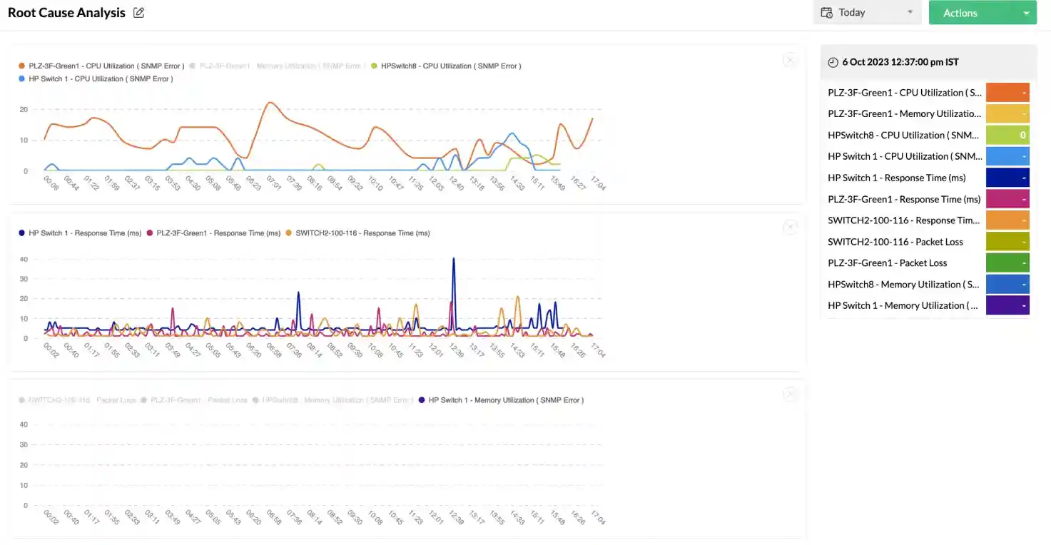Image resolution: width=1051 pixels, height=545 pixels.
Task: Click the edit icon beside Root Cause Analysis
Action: [139, 13]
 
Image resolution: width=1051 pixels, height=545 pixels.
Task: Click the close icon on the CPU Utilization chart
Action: [790, 61]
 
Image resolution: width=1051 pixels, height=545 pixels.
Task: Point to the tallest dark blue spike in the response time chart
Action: [454, 260]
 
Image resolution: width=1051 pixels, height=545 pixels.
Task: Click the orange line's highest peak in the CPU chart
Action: [270, 103]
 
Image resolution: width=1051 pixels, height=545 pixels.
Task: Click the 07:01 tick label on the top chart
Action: [273, 183]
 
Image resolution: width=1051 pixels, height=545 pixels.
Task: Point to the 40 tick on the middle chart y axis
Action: [24, 259]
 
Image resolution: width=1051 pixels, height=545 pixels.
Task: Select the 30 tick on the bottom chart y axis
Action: [24, 444]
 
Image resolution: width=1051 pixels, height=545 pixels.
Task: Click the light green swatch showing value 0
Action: [1007, 135]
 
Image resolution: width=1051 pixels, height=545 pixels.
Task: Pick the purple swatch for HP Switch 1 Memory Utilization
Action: [1007, 305]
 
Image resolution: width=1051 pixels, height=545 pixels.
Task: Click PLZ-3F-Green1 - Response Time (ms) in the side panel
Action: [904, 199]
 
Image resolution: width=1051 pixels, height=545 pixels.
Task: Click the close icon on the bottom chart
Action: [790, 394]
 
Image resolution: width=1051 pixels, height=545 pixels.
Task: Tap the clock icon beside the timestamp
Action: [833, 62]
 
